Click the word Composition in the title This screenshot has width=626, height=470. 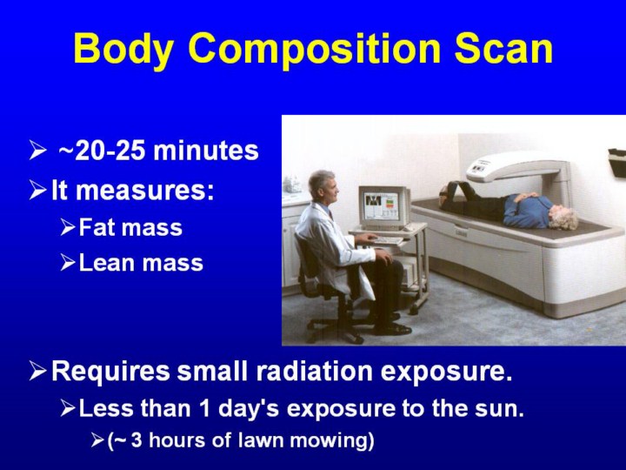315,49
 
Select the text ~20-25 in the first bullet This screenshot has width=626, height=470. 103,151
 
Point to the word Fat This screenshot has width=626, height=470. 97,227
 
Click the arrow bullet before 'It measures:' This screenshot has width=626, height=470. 37,190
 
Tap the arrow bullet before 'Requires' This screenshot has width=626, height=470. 37,372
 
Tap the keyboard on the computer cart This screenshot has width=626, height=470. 387,240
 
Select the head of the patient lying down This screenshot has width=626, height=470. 563,217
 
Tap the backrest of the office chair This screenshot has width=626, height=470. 304,256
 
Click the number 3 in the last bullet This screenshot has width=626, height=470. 137,440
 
